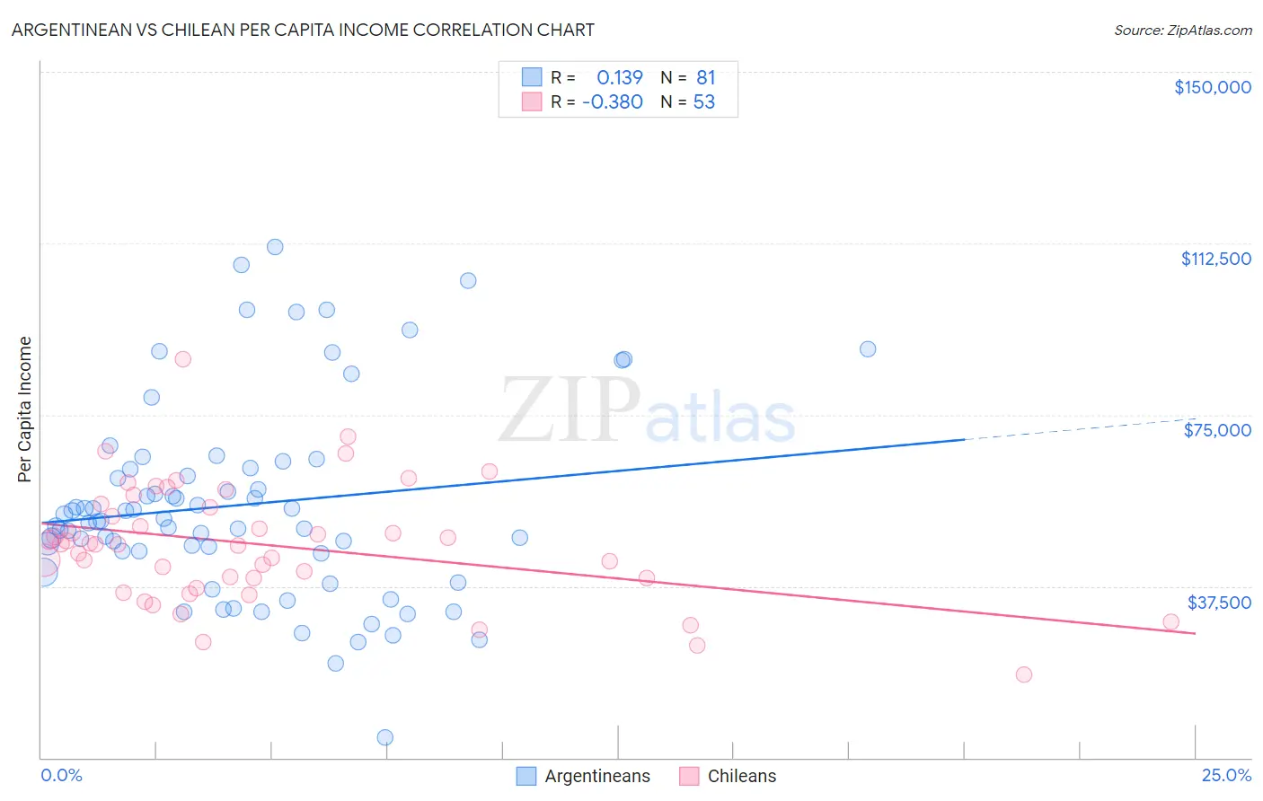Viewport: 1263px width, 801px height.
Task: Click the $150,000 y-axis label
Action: (1212, 87)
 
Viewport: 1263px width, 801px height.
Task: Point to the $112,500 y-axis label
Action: (1215, 259)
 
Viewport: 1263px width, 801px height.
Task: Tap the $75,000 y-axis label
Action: (1217, 430)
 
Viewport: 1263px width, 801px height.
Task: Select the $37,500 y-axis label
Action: (1219, 603)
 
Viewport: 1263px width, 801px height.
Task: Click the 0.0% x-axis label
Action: (61, 776)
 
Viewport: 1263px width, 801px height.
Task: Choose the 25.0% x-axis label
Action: (1226, 776)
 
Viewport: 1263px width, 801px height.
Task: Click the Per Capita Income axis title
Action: (25, 409)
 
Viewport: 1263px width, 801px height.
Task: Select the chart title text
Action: (303, 30)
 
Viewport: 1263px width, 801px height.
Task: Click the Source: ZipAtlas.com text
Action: (1182, 31)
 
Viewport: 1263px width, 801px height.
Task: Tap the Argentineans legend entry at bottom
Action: (596, 776)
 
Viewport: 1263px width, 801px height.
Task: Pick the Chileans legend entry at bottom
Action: (741, 776)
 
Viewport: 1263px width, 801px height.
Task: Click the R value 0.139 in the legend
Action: (620, 78)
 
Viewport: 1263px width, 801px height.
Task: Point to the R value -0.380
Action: (613, 102)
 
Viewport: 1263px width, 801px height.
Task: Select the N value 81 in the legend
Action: (706, 78)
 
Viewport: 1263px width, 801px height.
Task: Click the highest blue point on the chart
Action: (275, 247)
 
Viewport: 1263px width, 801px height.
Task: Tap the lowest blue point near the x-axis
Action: (384, 737)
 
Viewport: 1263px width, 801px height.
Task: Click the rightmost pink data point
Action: (1170, 621)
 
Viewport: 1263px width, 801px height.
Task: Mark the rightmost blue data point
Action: (868, 349)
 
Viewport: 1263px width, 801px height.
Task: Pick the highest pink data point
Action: (182, 359)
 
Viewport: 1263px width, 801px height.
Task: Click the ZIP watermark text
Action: (570, 410)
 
